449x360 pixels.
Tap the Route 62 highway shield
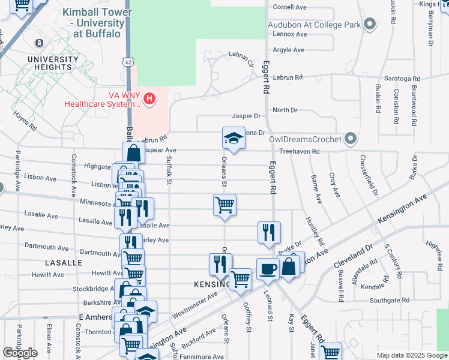click(127, 62)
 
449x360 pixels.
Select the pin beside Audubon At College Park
click(370, 25)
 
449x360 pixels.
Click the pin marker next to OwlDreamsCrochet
click(351, 140)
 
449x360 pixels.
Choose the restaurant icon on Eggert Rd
click(269, 232)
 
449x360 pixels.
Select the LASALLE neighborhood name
click(64, 263)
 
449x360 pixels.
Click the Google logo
click(20, 353)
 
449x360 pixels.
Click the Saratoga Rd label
click(402, 79)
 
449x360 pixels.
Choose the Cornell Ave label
click(290, 7)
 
